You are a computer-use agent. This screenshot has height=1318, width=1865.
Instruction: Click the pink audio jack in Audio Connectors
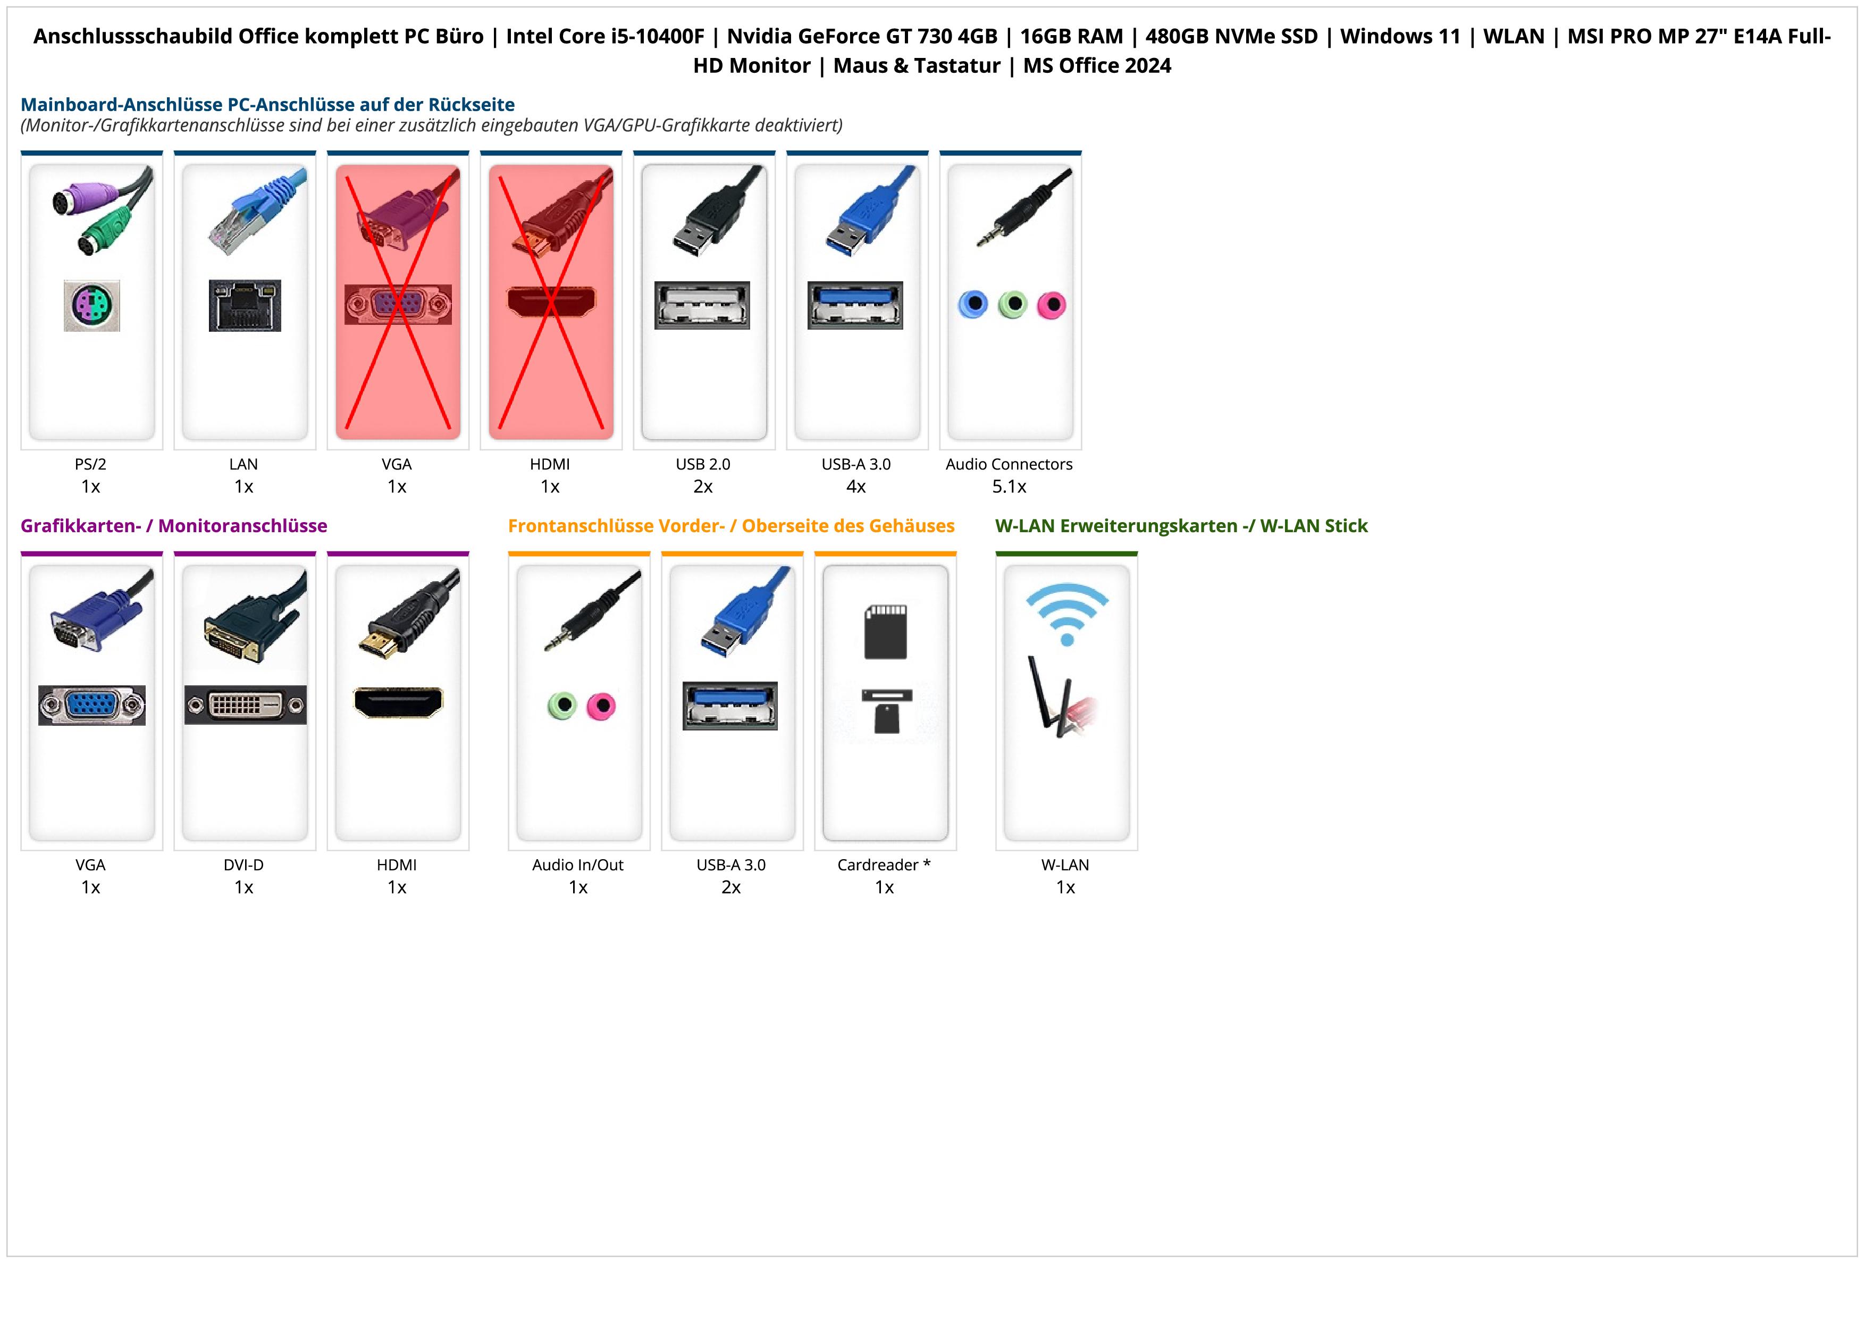(1051, 305)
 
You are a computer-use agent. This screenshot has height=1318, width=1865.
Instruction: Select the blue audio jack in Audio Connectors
(973, 305)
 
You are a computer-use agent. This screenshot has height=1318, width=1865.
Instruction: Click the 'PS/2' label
(91, 465)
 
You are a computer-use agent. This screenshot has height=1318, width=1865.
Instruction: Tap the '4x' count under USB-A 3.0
(856, 486)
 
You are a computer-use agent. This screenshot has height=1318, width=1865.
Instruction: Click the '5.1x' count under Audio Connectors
(1009, 486)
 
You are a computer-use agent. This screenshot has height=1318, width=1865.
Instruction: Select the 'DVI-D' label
(243, 865)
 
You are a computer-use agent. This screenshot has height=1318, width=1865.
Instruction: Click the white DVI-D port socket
(245, 705)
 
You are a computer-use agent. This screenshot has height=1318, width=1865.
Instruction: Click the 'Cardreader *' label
(884, 865)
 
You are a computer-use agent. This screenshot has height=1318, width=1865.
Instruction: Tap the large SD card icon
(885, 631)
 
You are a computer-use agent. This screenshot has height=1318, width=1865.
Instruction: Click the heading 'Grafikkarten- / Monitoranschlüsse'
(174, 526)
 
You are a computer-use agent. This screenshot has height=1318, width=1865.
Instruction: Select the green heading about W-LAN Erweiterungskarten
(1181, 526)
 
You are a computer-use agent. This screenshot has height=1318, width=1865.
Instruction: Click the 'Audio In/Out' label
(577, 865)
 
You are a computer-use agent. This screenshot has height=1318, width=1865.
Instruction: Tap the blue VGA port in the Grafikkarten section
(92, 705)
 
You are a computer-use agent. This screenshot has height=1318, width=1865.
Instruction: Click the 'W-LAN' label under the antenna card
(1065, 865)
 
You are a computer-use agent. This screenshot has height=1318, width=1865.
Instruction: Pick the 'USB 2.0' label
(703, 465)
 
